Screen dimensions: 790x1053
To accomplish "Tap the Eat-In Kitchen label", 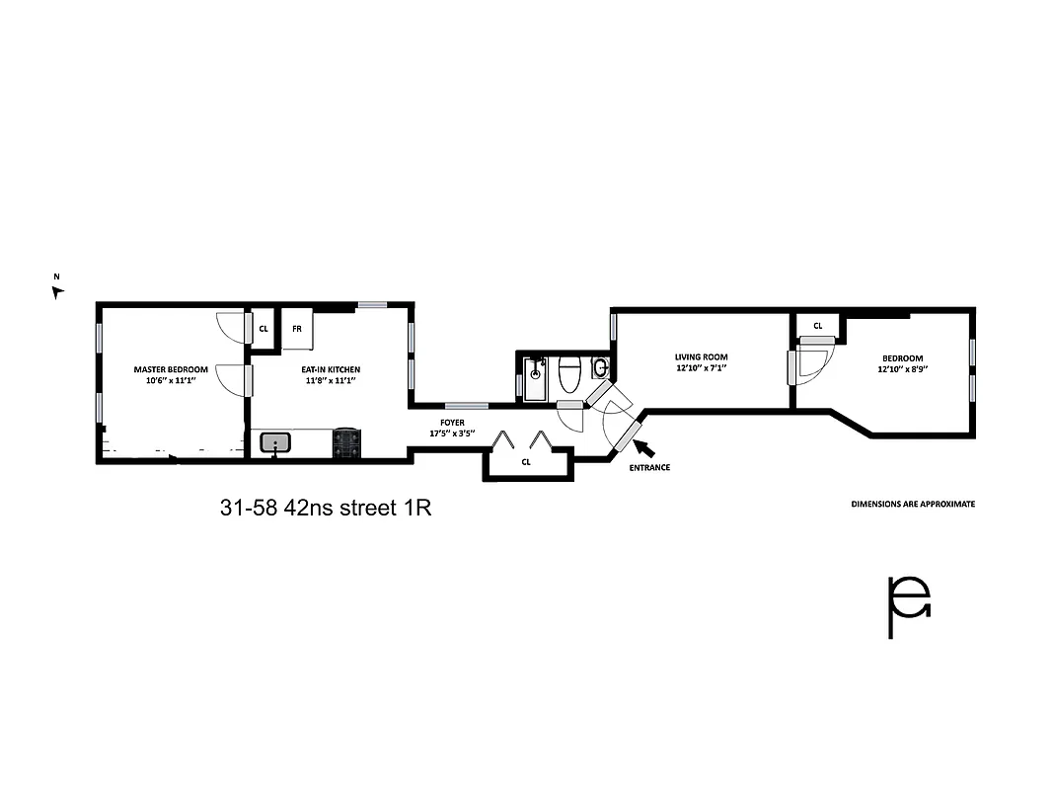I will tap(328, 369).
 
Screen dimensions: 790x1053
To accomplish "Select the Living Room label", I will tap(701, 357).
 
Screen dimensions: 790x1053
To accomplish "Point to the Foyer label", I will tap(452, 423).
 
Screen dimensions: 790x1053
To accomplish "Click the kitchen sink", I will tap(276, 442).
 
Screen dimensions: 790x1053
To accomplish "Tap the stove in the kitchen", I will tap(347, 442).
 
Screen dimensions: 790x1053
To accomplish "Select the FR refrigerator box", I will tap(296, 330).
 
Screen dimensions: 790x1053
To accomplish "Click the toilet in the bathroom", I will tap(570, 375).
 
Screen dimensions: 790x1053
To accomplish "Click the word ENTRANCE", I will tap(649, 467).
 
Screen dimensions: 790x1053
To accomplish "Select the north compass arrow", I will tap(57, 291).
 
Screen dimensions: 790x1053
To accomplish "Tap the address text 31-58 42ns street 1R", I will tap(326, 509).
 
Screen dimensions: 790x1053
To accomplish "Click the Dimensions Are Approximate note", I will tap(913, 504).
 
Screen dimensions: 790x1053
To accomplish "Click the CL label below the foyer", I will tap(526, 461).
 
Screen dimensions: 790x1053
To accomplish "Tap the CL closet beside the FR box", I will tap(263, 329).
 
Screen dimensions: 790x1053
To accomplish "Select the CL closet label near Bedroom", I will tap(818, 326).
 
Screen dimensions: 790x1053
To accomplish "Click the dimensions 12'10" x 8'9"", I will tap(903, 368).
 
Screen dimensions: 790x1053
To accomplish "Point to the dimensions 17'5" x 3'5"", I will tap(452, 434).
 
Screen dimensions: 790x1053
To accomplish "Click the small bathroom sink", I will tap(601, 368).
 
